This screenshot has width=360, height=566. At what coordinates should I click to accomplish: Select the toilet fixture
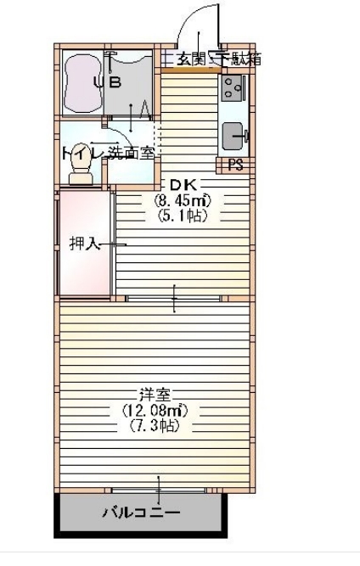coord(82,173)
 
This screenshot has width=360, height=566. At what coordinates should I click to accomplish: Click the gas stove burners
coord(233,86)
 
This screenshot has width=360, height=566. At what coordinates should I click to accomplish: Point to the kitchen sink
coord(233,135)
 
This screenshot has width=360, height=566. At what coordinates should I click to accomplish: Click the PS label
coord(235,165)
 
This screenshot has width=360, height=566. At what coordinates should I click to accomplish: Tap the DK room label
coord(181,186)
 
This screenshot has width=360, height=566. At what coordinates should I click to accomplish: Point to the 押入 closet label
coord(83,244)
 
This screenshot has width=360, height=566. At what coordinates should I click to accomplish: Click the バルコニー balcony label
coord(141,513)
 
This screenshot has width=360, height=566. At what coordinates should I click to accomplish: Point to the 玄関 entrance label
coord(190,59)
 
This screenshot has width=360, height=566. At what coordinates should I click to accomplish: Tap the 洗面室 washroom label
coord(137,154)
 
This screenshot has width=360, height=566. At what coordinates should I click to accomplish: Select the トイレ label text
coord(82,154)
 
